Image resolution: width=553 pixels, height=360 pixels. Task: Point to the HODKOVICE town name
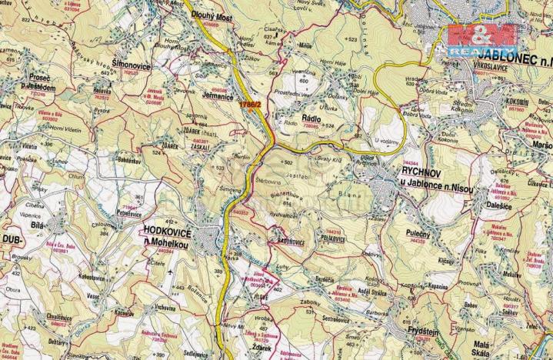pyautogui.click(x=169, y=230)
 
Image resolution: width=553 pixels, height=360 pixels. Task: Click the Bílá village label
pyautogui.click(x=36, y=228)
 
